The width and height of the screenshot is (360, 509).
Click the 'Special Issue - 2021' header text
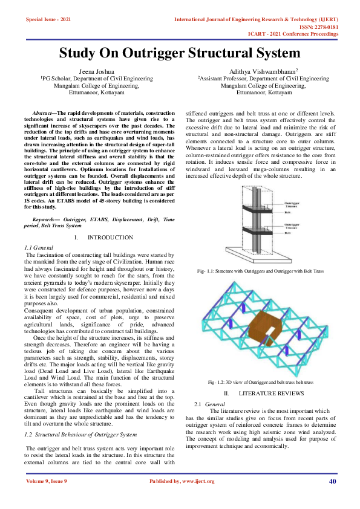tap(48, 20)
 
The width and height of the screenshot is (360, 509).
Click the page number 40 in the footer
tap(332, 481)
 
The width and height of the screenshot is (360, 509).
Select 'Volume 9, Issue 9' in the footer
tap(47, 481)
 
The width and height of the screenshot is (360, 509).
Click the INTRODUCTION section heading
tap(110, 238)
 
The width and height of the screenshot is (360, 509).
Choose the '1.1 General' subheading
tap(38, 248)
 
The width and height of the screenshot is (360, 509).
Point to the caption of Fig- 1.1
tap(261, 272)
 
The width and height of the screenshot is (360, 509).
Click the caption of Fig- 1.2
tap(261, 383)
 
